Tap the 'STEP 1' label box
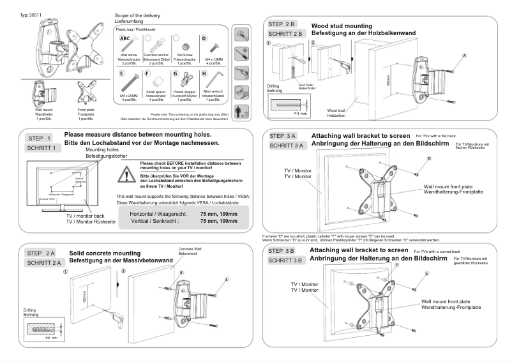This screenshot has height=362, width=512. [x=40, y=138]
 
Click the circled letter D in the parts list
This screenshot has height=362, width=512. [x=205, y=39]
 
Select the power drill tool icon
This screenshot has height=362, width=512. [x=242, y=72]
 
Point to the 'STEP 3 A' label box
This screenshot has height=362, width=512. [x=283, y=136]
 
